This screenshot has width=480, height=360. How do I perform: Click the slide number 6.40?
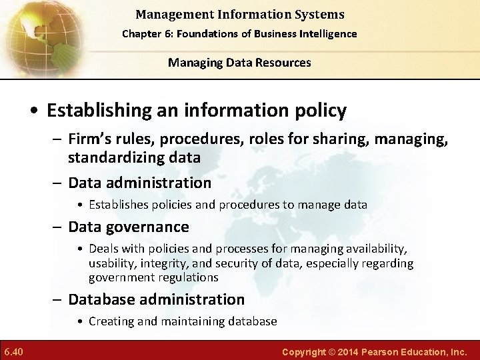point(14,351)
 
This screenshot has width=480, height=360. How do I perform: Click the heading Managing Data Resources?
point(239,63)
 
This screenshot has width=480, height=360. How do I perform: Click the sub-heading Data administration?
point(140,183)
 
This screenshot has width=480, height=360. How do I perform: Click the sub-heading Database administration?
point(157,299)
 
